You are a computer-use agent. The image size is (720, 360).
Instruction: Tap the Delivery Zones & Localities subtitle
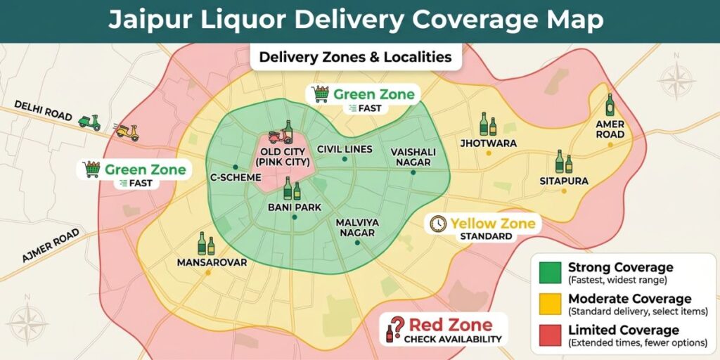pos(355,57)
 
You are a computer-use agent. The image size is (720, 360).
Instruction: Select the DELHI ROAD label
pos(44,111)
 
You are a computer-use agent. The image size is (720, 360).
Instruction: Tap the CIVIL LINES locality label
pos(344,149)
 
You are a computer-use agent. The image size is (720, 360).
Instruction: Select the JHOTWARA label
pos(488,143)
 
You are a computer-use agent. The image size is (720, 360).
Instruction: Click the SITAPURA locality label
pos(564,181)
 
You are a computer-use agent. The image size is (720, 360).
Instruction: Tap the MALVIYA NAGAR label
pos(357,227)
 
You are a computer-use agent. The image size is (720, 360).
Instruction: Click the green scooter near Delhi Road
pos(89,122)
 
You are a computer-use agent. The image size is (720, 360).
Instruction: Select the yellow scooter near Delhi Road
pos(127,131)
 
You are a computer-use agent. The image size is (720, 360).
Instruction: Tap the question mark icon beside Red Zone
pos(396,328)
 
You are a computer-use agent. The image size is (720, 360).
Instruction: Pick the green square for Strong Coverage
pos(551,272)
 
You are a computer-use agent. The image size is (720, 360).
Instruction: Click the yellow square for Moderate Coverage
pos(551,304)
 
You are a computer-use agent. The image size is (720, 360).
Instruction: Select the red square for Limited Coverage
pos(551,335)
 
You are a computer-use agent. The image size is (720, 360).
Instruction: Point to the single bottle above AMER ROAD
pos(610,105)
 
